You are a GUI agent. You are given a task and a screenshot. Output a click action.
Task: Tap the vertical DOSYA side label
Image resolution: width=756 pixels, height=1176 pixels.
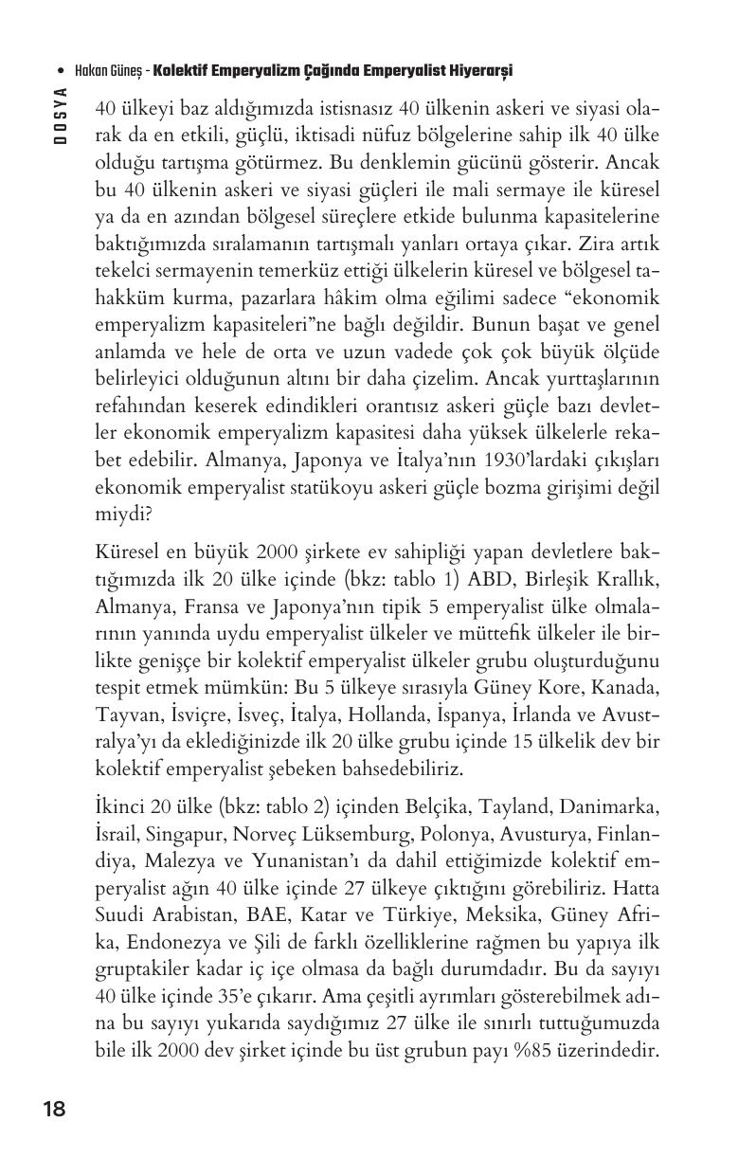pyautogui.click(x=60, y=116)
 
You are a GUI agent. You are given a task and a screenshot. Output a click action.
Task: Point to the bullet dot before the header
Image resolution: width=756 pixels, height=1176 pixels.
pyautogui.click(x=62, y=71)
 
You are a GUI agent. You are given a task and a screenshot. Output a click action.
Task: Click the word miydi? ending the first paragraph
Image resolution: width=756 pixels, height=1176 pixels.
pyautogui.click(x=123, y=511)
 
